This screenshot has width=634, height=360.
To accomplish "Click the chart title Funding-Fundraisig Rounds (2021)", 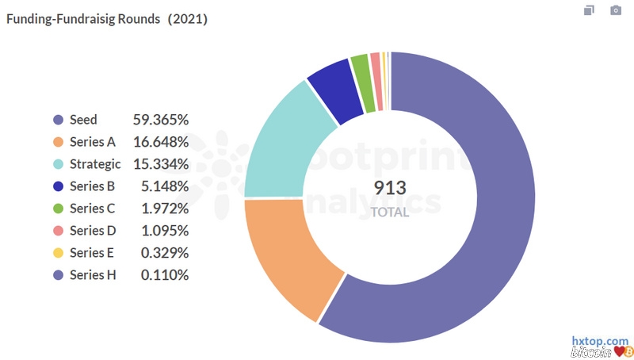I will [107, 19].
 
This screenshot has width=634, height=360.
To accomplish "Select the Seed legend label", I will [83, 120].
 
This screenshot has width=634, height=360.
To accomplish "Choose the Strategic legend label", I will [95, 164].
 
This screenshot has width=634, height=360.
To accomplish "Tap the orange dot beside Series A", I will [58, 142].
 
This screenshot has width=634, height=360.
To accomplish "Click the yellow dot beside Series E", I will [58, 253].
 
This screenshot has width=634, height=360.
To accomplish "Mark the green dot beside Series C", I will [58, 209].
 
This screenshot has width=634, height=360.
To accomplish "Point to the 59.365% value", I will [161, 120].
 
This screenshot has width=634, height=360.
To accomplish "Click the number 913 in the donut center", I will [390, 188].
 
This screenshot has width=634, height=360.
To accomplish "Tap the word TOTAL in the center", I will [390, 212].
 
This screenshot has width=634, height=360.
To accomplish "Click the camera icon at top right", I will [616, 10].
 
